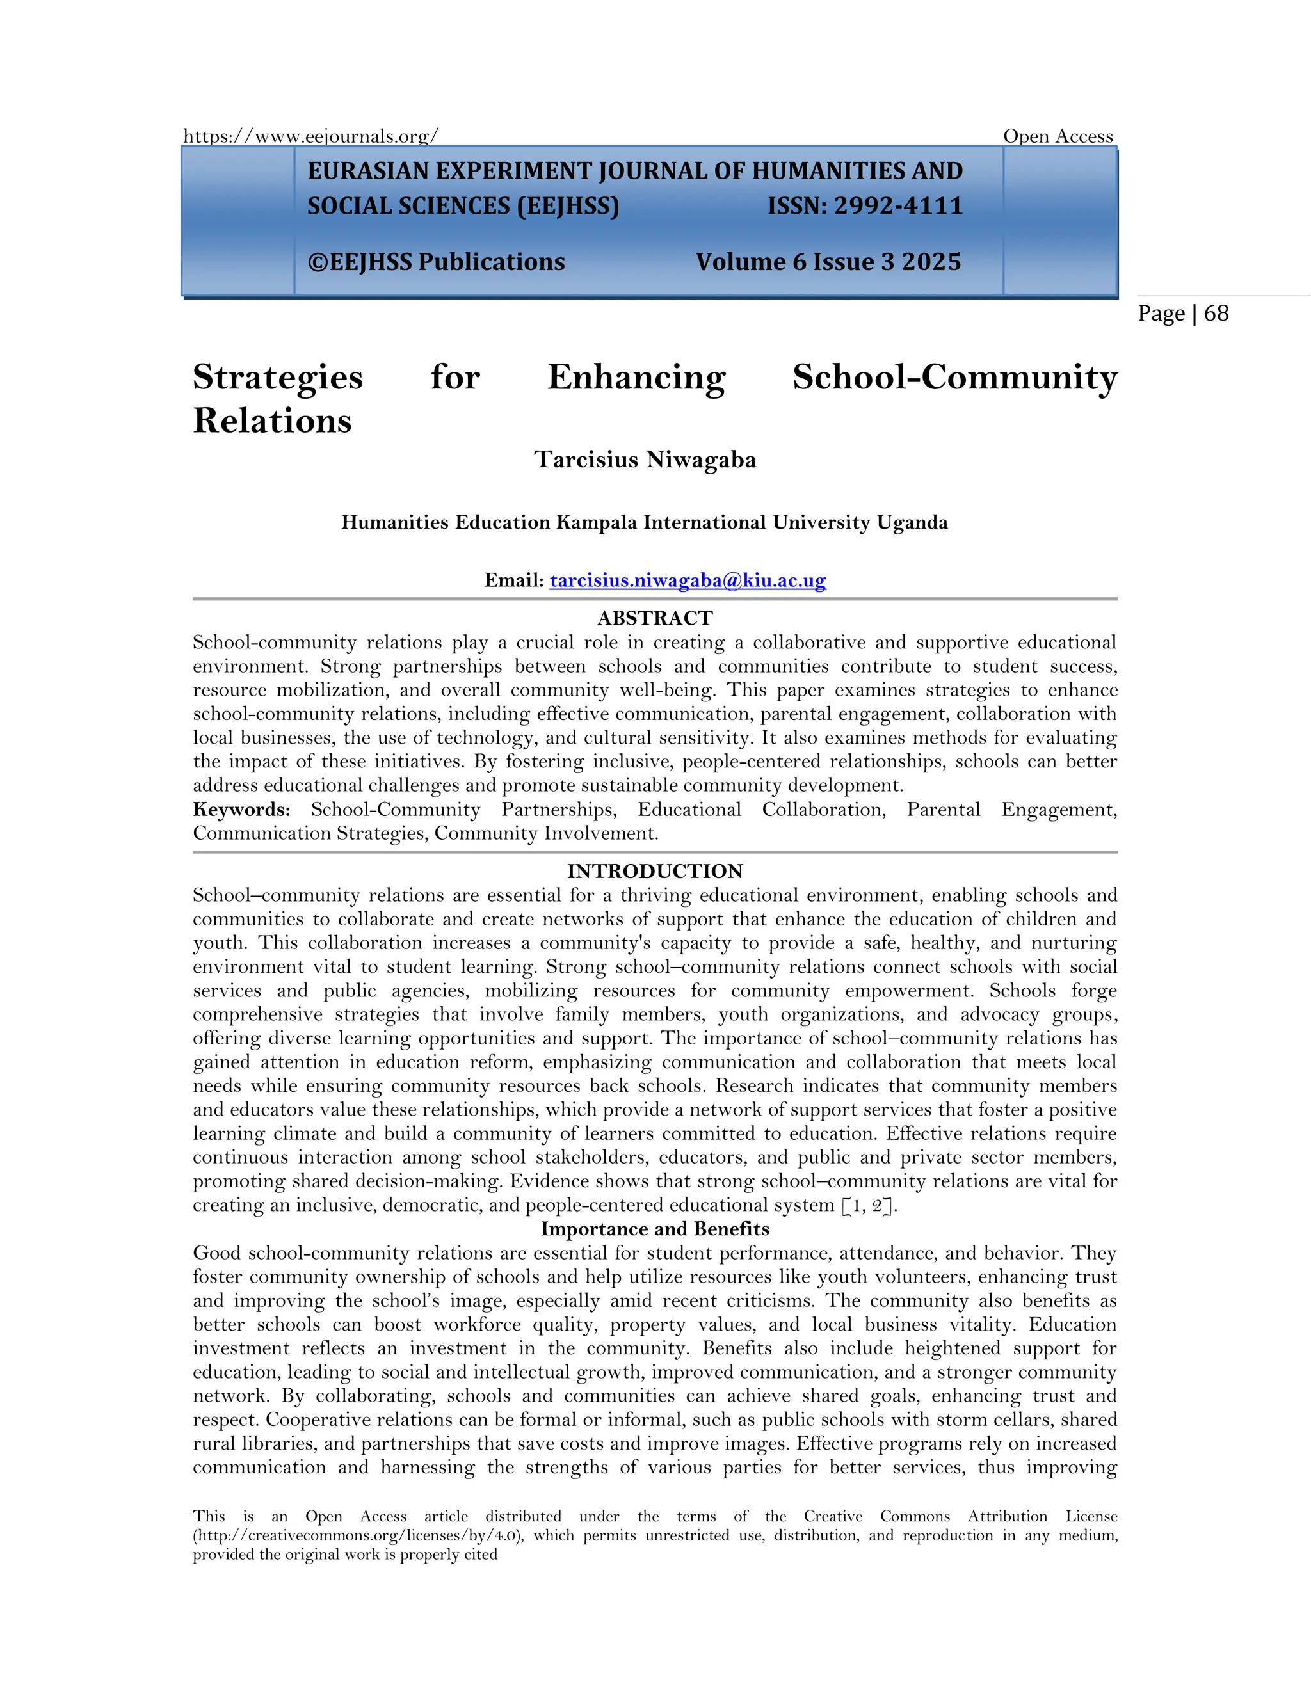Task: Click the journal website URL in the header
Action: coord(310,137)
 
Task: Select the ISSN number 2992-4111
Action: coord(898,206)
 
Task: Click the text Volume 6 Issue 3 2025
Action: coord(828,262)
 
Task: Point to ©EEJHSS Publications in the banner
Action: coord(436,262)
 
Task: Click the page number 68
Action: coord(1216,313)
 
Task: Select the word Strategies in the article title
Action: coord(277,378)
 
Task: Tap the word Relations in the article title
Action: coord(272,421)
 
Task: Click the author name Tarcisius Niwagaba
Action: coord(645,460)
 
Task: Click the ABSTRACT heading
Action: coord(655,618)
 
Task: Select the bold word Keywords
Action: coord(241,810)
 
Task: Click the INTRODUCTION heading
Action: coord(655,871)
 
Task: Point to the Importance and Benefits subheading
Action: coord(655,1229)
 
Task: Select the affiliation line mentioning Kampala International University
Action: coord(645,523)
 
